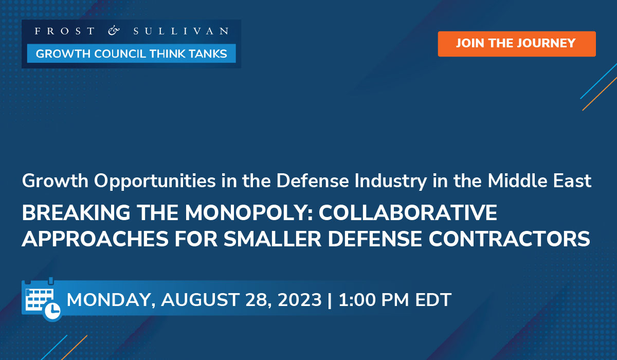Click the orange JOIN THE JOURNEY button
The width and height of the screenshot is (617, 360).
click(516, 43)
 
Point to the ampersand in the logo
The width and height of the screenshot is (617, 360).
click(114, 31)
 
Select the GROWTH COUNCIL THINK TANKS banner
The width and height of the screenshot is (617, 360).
click(131, 53)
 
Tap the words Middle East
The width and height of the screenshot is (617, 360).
click(539, 181)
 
